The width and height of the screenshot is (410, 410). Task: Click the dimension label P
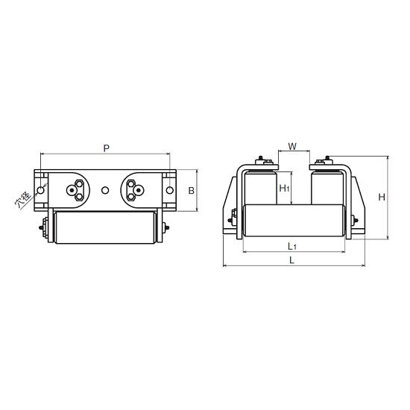[106, 148]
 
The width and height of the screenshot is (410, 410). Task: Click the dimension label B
[192, 191]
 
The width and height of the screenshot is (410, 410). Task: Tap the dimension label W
[292, 146]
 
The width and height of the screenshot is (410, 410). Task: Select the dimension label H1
[284, 188]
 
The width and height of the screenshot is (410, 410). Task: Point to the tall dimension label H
[382, 197]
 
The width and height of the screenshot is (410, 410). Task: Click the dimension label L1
[292, 246]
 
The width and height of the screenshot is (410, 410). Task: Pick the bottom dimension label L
[292, 260]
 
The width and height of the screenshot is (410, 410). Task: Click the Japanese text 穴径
[23, 200]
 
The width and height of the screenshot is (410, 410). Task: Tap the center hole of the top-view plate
[105, 190]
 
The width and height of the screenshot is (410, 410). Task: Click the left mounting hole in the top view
[40, 190]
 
